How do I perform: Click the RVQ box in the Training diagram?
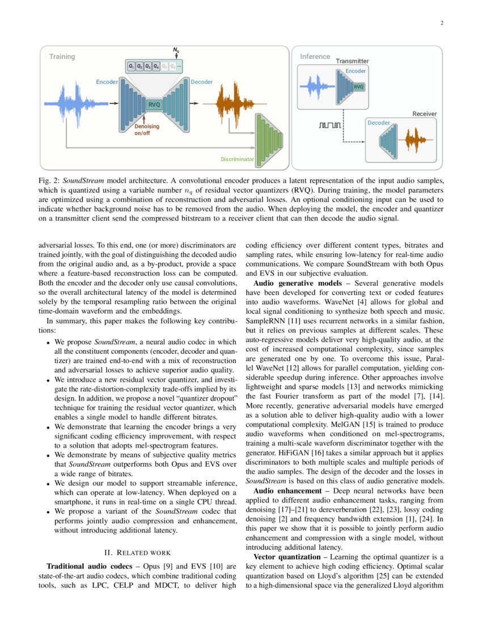point(154,104)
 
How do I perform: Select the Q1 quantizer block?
point(132,66)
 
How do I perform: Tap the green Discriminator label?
point(237,159)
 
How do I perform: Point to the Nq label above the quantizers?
point(176,51)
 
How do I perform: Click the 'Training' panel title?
point(62,57)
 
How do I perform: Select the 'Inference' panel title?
point(315,57)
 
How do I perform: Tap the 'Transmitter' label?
point(352,61)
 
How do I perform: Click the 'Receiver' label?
point(424,114)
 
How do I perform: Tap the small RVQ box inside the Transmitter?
point(358,87)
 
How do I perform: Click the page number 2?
point(441,23)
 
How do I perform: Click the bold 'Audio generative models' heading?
point(297,283)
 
